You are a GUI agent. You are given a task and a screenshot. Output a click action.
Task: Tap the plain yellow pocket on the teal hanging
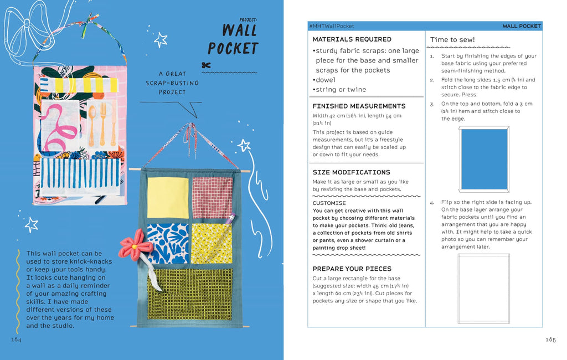168,198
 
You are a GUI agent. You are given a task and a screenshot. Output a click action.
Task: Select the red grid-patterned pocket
212,198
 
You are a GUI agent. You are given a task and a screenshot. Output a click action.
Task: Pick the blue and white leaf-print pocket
168,243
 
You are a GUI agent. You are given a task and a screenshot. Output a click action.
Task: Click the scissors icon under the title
207,65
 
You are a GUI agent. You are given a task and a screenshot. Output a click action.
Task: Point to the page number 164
16,340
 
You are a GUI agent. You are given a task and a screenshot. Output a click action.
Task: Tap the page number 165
550,340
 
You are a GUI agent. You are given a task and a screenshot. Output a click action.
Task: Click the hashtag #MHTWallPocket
332,26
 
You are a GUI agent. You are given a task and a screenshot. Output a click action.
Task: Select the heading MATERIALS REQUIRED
352,39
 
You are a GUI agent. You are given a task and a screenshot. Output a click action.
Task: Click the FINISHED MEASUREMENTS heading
359,106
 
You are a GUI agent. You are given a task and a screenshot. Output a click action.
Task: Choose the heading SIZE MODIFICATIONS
351,172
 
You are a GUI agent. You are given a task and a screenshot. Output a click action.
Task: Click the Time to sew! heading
452,40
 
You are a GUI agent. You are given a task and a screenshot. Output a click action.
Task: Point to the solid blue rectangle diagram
484,159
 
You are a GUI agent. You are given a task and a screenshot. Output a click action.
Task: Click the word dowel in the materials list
326,80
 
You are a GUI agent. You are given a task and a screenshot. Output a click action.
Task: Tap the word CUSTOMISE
329,203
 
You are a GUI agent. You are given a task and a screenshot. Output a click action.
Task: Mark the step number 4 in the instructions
432,202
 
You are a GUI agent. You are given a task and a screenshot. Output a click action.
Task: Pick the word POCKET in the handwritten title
233,49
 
